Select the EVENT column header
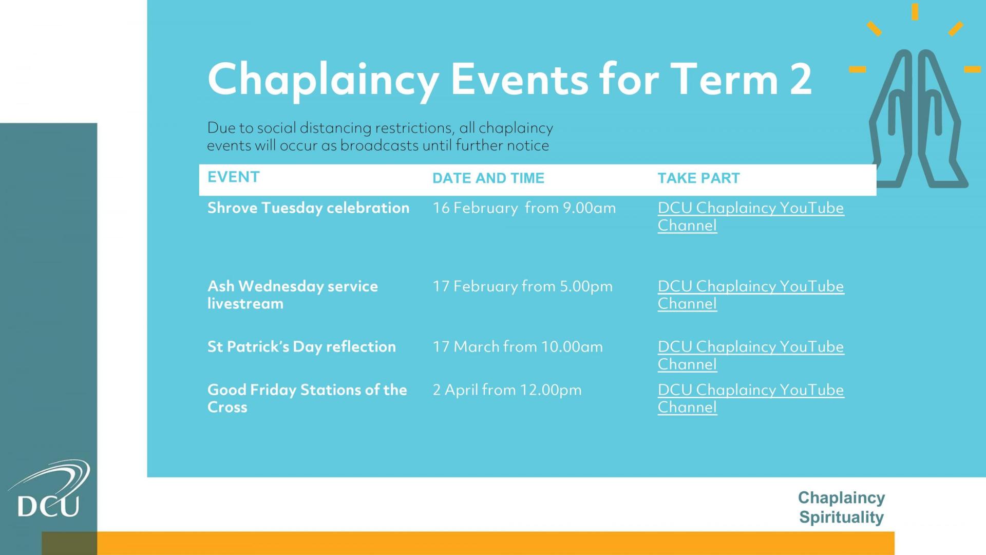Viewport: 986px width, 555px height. [234, 177]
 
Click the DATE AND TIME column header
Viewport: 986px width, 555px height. [488, 178]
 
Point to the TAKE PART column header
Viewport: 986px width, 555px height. [699, 178]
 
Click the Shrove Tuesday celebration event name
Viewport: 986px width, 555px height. [309, 208]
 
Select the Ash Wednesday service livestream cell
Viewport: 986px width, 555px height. [293, 295]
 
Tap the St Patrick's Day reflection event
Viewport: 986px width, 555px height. [302, 347]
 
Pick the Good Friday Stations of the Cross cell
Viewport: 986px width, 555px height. [307, 398]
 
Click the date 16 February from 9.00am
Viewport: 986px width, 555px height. [524, 208]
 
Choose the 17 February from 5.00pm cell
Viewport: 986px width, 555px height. [523, 286]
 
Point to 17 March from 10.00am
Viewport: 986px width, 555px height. [518, 347]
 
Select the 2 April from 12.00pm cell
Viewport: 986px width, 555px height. [507, 390]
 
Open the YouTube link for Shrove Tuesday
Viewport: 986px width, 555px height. [751, 216]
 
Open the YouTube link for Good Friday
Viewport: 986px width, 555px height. [751, 398]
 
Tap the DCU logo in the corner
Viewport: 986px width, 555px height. [49, 488]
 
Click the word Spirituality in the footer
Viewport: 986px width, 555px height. [841, 517]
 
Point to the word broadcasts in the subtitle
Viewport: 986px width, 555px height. [380, 146]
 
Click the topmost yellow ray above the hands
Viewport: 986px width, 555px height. [915, 12]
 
